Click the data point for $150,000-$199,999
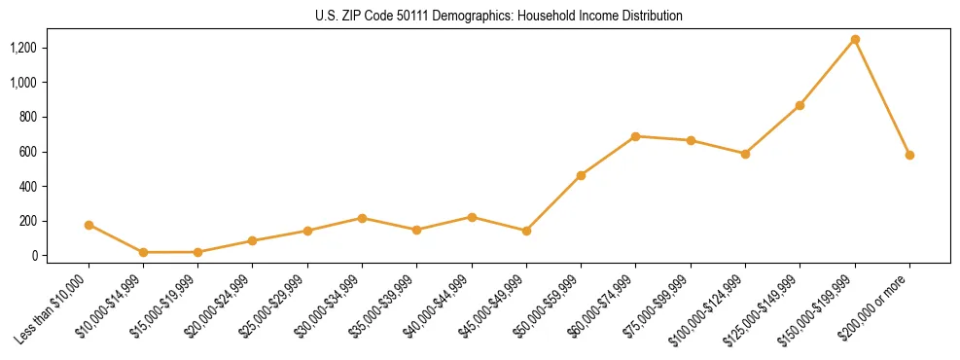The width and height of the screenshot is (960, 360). click(855, 40)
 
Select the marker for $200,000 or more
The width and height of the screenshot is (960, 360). click(909, 155)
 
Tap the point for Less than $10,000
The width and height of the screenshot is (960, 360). click(89, 225)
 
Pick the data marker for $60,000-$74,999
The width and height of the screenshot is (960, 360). click(635, 136)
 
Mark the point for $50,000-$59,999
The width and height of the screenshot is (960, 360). click(581, 175)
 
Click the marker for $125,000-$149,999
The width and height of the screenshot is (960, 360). click(800, 105)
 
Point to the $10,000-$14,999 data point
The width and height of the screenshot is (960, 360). click(143, 252)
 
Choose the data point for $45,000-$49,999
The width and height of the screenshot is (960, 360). click(526, 231)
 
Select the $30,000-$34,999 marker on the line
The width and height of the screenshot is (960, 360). click(362, 218)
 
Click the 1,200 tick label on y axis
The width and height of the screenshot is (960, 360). click(23, 48)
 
